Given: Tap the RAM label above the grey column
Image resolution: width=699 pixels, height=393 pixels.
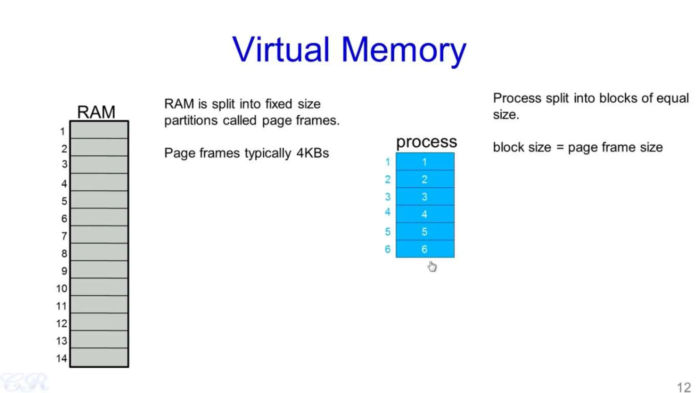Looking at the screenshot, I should [x=96, y=112].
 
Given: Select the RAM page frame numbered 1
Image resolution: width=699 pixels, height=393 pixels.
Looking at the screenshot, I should [x=99, y=130].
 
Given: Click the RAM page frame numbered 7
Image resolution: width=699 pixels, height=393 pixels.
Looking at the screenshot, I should [x=99, y=235].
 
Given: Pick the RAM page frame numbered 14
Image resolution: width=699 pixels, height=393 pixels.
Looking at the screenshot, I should [x=99, y=357].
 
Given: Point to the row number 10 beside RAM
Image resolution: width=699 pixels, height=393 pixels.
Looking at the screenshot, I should [x=61, y=289].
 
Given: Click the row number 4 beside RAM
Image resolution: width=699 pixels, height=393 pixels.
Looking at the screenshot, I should [x=64, y=184].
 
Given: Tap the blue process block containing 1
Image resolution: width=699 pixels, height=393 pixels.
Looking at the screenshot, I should [x=425, y=162].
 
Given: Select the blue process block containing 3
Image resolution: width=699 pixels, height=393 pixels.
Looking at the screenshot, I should [x=425, y=196].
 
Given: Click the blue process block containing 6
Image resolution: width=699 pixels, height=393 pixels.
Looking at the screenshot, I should [x=425, y=249].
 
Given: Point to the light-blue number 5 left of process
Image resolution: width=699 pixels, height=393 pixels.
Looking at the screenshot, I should [x=388, y=232].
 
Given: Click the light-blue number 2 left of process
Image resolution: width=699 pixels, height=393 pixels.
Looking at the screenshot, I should [x=388, y=179].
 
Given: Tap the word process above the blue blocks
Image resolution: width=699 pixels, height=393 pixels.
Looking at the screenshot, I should [x=426, y=142].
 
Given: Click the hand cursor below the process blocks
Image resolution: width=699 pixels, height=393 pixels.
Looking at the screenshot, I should [x=432, y=266].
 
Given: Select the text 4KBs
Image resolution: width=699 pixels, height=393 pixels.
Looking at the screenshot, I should [x=312, y=153].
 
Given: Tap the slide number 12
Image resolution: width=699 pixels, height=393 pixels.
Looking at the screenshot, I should [x=684, y=387].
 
